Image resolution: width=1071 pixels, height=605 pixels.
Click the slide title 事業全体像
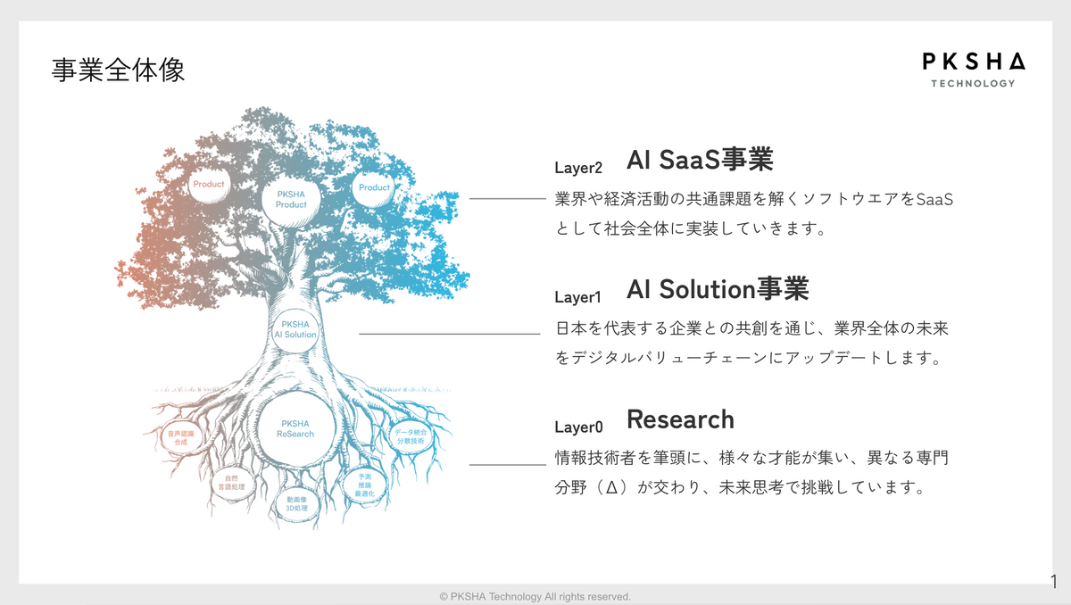[119, 70]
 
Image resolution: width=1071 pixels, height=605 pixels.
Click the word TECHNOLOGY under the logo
[973, 84]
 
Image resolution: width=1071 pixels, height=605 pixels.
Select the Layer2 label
[578, 167]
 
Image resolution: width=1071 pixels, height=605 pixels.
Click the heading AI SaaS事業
[700, 160]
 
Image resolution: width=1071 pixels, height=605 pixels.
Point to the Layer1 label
[578, 297]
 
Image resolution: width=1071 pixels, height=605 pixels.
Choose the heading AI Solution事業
[718, 289]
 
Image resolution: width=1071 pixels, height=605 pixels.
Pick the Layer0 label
[578, 427]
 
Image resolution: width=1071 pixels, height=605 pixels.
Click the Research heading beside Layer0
[680, 419]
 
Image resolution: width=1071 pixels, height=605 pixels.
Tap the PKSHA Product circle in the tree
[291, 199]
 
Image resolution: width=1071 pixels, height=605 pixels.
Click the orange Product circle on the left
[209, 185]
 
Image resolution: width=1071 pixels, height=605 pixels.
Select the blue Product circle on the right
[374, 187]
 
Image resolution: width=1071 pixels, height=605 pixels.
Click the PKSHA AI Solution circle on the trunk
[295, 329]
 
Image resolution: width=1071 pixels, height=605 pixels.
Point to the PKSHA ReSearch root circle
[295, 428]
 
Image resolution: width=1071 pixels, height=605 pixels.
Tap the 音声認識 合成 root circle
[180, 437]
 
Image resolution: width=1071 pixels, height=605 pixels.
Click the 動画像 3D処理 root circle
[296, 503]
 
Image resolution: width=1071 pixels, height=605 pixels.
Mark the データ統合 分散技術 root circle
[411, 436]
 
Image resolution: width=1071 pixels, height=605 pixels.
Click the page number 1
[1054, 581]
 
